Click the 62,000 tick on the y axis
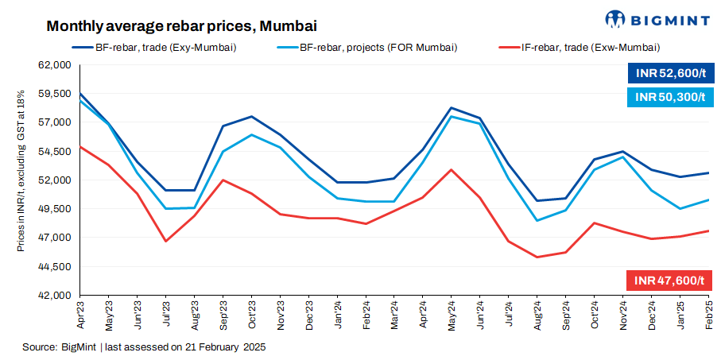56,65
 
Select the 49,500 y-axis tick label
56,209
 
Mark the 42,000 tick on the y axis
56,296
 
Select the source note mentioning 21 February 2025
144,347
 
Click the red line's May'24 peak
452,169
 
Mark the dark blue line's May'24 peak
452,107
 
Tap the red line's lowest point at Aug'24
537,257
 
